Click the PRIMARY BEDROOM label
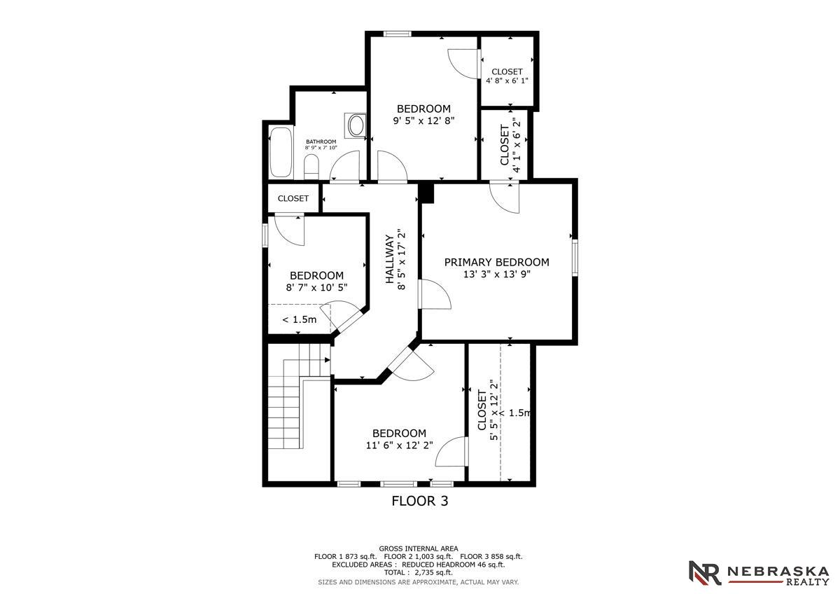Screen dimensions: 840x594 [496, 262]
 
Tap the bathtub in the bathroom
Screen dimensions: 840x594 [281, 153]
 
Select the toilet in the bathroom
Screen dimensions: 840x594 [311, 167]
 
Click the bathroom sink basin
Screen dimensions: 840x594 [356, 125]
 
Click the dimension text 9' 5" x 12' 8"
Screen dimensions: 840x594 [423, 120]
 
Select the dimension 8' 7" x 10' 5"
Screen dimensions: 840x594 [316, 287]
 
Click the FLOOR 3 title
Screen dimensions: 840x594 [419, 501]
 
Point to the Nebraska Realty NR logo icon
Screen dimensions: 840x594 [705, 572]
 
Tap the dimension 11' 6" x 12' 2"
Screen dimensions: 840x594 [400, 445]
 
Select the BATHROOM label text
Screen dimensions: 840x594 [321, 141]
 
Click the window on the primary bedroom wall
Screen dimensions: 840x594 [575, 259]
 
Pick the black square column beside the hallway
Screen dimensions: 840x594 [426, 193]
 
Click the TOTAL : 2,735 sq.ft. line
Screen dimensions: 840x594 [418, 572]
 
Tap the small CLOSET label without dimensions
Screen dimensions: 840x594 [293, 198]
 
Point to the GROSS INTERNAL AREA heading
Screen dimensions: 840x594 [419, 548]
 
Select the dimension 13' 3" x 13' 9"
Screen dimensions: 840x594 [497, 275]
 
